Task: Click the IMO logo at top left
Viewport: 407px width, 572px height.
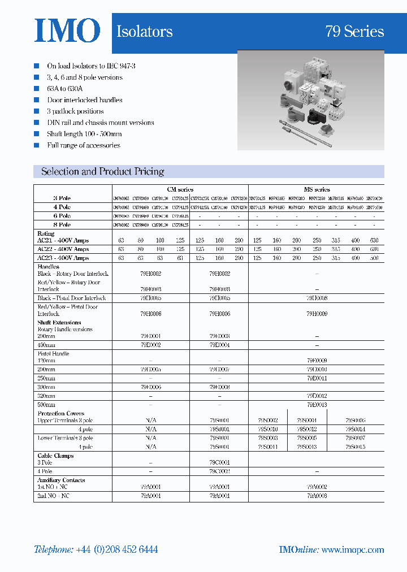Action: coord(67,31)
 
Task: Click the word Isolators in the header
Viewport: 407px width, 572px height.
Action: coord(145,32)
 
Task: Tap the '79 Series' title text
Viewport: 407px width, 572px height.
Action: coord(354,32)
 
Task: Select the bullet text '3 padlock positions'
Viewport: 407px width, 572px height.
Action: coord(75,111)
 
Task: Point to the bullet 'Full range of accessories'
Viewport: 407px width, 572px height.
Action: coord(84,145)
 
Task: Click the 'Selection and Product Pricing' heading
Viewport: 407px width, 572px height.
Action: coord(103,171)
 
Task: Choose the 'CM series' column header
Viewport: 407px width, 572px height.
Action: coord(180,189)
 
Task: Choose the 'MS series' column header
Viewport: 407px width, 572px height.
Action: coord(317,189)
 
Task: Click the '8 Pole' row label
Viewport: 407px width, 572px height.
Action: coord(62,225)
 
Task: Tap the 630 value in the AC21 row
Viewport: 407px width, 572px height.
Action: coord(374,240)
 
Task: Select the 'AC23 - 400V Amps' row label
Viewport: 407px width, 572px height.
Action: coord(63,258)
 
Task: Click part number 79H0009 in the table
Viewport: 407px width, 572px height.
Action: coord(317,313)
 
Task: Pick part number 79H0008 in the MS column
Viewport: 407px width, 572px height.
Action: coord(317,298)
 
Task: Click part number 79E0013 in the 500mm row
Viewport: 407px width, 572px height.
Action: coord(317,405)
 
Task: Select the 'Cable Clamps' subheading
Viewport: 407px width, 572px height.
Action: coord(55,456)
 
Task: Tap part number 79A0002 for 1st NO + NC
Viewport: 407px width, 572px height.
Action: coord(317,487)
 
